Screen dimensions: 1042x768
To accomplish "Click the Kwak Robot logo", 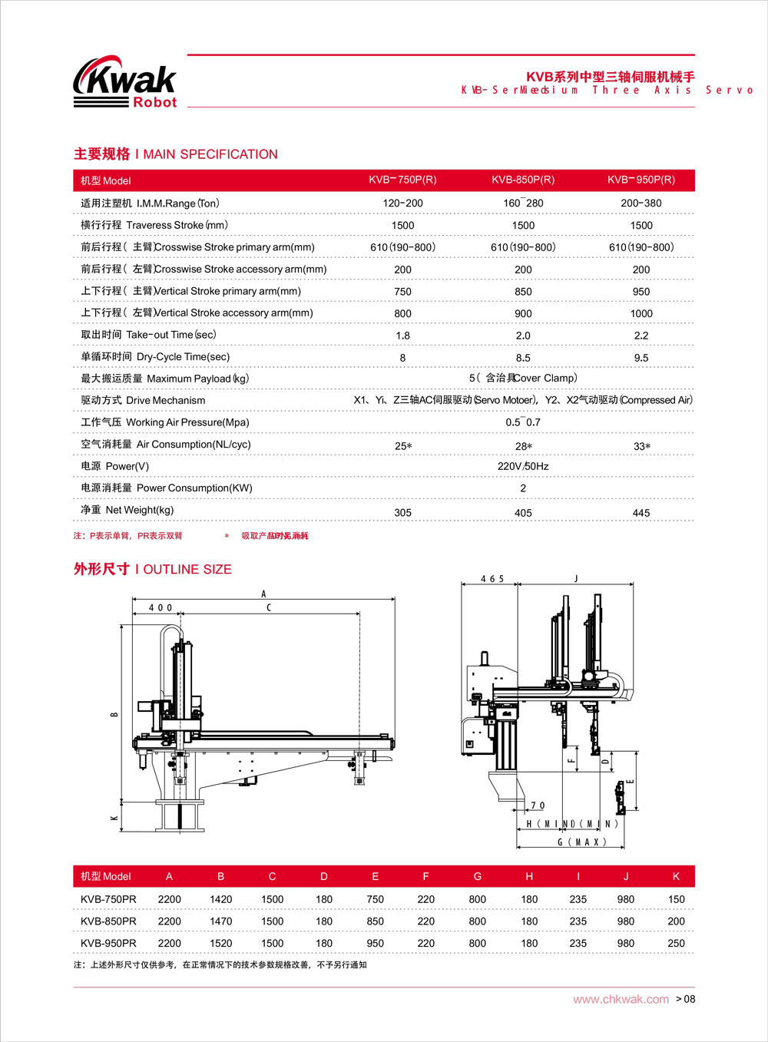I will [x=125, y=82].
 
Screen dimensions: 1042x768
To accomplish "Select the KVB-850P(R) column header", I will [x=523, y=180].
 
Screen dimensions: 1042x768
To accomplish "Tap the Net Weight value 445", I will [x=641, y=513].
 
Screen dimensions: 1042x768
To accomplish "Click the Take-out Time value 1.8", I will [x=402, y=336].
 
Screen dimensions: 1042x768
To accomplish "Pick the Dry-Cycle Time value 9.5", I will [x=641, y=358].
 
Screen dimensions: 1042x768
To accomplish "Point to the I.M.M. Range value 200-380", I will [x=641, y=203].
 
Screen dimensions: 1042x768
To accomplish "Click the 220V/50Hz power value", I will [x=523, y=466].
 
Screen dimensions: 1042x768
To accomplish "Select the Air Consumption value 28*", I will [x=524, y=446].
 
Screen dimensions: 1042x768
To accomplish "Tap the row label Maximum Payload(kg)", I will [x=165, y=379].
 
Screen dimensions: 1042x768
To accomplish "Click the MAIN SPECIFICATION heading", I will [x=176, y=154].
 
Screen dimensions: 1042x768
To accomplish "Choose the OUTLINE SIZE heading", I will [x=153, y=569].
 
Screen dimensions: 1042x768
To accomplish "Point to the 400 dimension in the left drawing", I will [x=161, y=607].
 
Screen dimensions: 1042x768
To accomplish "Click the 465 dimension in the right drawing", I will [x=492, y=579].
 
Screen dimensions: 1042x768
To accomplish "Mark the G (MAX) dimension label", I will [x=581, y=842].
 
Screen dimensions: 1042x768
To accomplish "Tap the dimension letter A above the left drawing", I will [x=263, y=594].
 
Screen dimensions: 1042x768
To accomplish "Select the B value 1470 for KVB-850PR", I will [x=220, y=921].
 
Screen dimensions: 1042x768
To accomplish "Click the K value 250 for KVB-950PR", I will [x=676, y=943].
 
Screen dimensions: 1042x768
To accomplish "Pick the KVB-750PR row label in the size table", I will [x=108, y=899].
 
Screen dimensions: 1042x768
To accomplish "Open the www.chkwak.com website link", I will [x=621, y=999].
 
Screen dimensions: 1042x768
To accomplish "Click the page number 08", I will [x=689, y=999].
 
